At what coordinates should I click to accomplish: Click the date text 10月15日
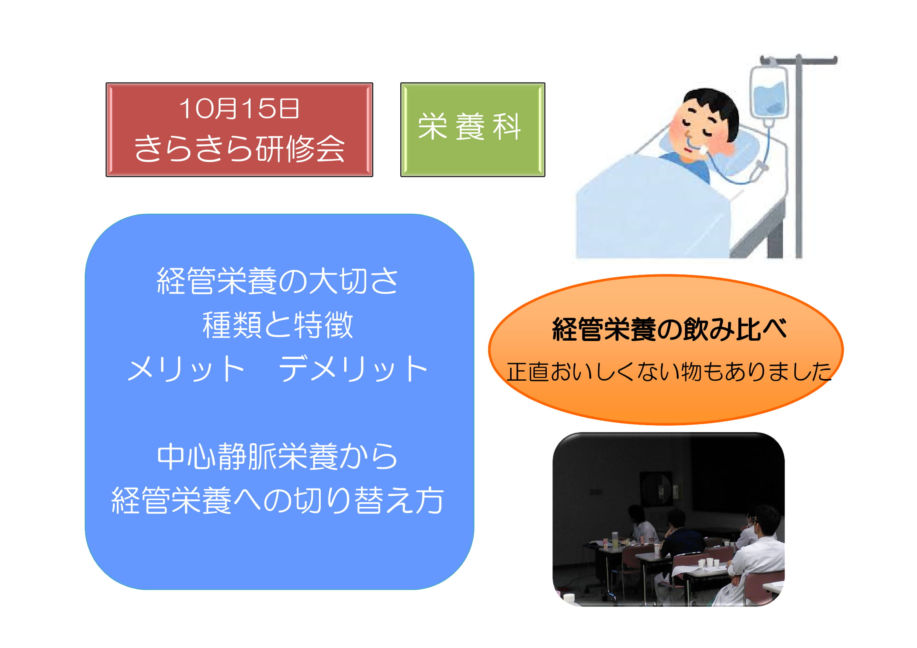point(239,108)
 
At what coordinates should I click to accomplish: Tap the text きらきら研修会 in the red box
point(239,148)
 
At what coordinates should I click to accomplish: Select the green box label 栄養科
point(470,127)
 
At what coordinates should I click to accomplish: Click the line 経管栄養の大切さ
point(277,281)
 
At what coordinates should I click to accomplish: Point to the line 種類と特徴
point(278,325)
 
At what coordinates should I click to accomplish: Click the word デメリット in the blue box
point(353,368)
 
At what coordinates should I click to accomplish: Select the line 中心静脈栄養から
point(277,456)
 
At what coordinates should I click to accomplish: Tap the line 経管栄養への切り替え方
point(277,500)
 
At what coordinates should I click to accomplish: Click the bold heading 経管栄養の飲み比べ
point(669,329)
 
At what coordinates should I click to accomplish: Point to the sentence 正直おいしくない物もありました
point(668,372)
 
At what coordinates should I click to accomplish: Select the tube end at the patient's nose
point(702,151)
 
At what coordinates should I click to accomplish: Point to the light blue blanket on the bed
point(655,212)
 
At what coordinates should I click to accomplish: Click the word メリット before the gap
point(186,368)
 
